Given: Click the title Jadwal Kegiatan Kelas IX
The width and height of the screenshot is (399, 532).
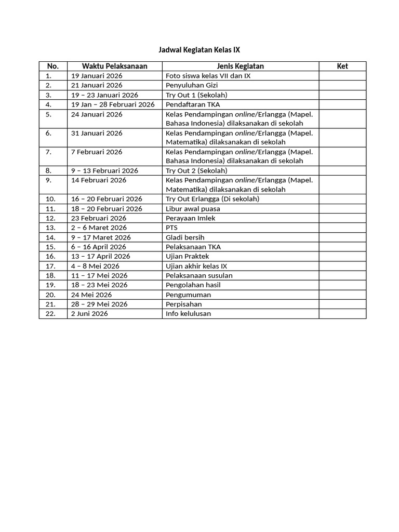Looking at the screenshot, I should [199, 50].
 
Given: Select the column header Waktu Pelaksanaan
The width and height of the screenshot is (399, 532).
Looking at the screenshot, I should [114, 66].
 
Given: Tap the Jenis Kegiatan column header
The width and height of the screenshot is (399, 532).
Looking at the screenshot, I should [240, 66].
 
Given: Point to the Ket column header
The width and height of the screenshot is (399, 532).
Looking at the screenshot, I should [342, 66].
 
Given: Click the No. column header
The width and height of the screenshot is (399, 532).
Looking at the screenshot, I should [53, 66].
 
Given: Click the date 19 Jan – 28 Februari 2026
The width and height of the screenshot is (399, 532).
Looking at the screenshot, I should [113, 104].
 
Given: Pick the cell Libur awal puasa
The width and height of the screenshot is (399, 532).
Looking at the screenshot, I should [190, 208].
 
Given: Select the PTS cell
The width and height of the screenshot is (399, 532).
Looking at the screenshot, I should [171, 228].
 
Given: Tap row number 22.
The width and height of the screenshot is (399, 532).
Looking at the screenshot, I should [50, 313].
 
